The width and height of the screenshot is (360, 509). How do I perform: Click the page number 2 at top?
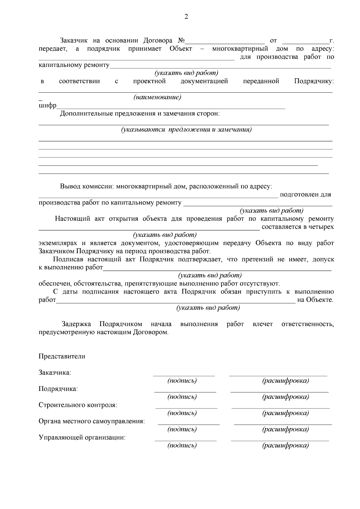point(186,16)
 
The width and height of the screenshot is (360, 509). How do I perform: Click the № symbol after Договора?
point(181,40)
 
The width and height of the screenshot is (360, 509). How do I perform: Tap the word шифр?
point(47,106)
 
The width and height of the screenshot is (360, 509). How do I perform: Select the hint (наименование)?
point(157,97)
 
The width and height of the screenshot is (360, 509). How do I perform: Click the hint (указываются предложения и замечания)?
point(186,130)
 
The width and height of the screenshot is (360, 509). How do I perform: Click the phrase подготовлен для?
point(305,195)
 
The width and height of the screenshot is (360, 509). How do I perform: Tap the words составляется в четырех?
point(297,227)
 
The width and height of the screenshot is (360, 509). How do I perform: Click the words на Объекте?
point(315,300)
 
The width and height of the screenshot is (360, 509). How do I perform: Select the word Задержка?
point(76,324)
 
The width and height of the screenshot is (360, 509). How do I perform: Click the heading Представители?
point(62,357)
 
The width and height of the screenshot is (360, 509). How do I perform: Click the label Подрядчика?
point(58,389)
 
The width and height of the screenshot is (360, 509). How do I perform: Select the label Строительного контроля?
point(78,405)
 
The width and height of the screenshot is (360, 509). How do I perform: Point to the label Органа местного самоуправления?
point(91,421)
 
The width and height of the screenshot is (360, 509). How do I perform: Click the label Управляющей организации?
point(82,438)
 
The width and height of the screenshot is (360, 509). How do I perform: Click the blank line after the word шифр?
point(171,107)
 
